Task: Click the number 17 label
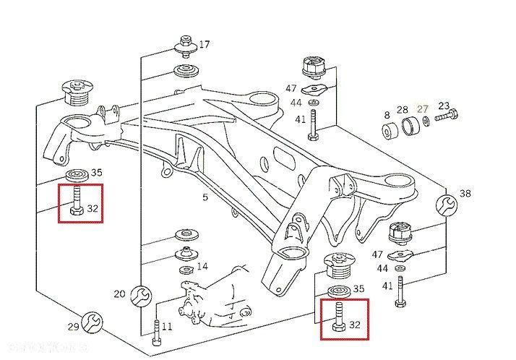tap(204, 45)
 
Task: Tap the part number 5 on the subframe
tap(205, 197)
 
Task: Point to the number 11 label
tap(167, 327)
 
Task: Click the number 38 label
tap(465, 194)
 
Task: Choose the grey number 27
tap(422, 109)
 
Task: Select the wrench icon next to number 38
tap(446, 206)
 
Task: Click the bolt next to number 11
tap(157, 332)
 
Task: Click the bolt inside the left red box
tap(76, 202)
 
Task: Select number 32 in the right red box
tap(354, 325)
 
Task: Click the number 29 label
tap(73, 327)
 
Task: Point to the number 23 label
tap(444, 106)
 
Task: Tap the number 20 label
tap(119, 294)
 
